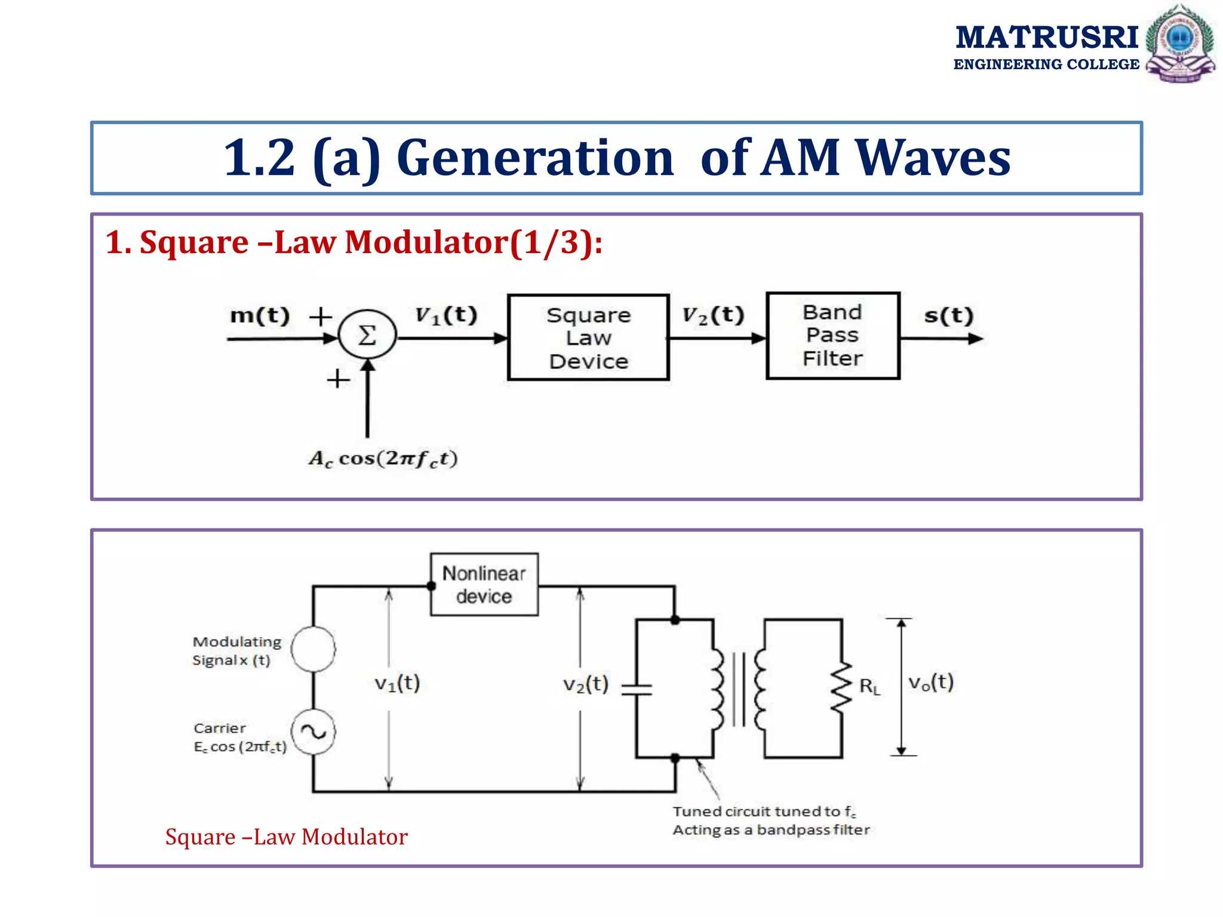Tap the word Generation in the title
(535, 158)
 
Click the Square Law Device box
(588, 337)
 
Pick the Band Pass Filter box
(832, 336)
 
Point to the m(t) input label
(260, 315)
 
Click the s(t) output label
(948, 315)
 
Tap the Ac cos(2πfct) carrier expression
(383, 458)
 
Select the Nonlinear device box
(484, 584)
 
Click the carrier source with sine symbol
(313, 732)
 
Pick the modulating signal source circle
(313, 649)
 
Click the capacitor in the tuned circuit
(637, 690)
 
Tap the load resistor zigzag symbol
(841, 687)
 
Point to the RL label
(869, 687)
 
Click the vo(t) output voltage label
(930, 682)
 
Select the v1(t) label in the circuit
(397, 683)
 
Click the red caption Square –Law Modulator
(286, 837)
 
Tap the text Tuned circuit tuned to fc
(764, 811)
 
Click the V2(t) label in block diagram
(713, 315)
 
